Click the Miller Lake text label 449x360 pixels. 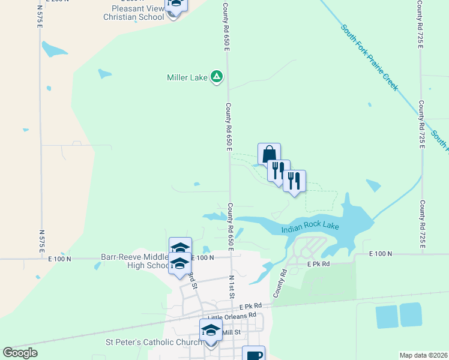pos(187,77)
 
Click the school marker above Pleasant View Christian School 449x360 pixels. pos(175,4)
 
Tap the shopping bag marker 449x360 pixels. pos(269,154)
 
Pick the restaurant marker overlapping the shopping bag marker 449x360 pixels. pos(279,170)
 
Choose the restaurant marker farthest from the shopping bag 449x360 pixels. pos(294,181)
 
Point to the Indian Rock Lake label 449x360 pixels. pos(310,227)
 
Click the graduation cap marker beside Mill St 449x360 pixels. pos(211,331)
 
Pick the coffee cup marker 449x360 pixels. pos(253,354)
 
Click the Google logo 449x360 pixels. pos(20,352)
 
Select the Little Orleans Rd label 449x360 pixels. pos(231,316)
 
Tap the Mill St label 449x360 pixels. pos(231,332)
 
